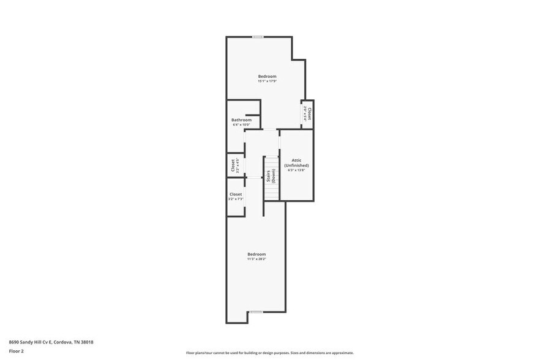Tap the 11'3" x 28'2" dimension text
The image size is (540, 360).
[257, 259]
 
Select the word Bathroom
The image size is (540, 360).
[241, 120]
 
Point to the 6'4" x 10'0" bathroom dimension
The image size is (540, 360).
[241, 125]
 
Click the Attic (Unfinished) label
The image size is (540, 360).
[296, 162]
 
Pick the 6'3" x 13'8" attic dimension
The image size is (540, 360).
[296, 170]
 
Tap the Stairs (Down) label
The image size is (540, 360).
[270, 176]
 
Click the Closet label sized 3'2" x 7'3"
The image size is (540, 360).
[236, 194]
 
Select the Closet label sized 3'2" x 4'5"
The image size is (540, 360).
[233, 165]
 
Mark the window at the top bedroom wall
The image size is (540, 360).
[258, 37]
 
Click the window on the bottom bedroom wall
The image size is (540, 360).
[256, 312]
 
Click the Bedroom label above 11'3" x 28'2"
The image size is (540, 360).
[257, 254]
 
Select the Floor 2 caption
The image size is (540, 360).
[17, 351]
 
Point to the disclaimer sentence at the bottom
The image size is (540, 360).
[269, 353]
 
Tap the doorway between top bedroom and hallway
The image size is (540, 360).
[269, 129]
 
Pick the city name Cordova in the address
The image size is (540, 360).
[67, 342]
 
